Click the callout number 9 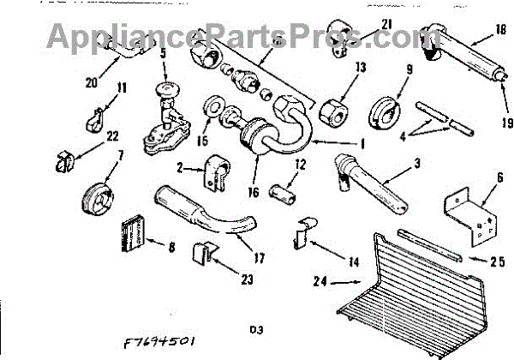[409, 70]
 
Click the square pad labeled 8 [133, 231]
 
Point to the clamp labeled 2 [213, 174]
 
